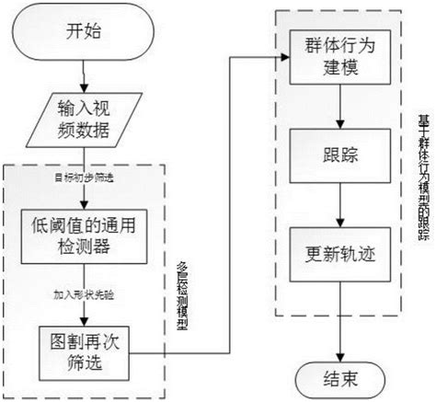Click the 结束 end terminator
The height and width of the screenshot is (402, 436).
click(341, 377)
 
